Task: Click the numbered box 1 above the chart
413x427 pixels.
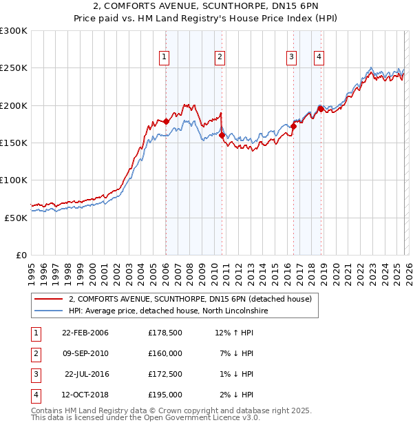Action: tap(165, 57)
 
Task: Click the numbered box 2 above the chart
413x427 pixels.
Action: tap(220, 57)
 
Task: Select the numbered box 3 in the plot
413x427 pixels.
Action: tap(292, 57)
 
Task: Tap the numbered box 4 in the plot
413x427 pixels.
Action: tap(319, 57)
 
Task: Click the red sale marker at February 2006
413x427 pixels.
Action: tap(166, 122)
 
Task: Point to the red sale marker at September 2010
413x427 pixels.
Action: tap(222, 136)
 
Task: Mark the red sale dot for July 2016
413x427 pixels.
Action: tap(293, 126)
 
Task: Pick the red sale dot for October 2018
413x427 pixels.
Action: tap(321, 109)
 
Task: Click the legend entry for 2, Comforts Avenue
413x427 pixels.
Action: tap(190, 299)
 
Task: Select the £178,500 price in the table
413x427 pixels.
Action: tap(165, 333)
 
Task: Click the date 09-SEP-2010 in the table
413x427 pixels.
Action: tap(85, 353)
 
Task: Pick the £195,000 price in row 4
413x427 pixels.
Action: tap(165, 395)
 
